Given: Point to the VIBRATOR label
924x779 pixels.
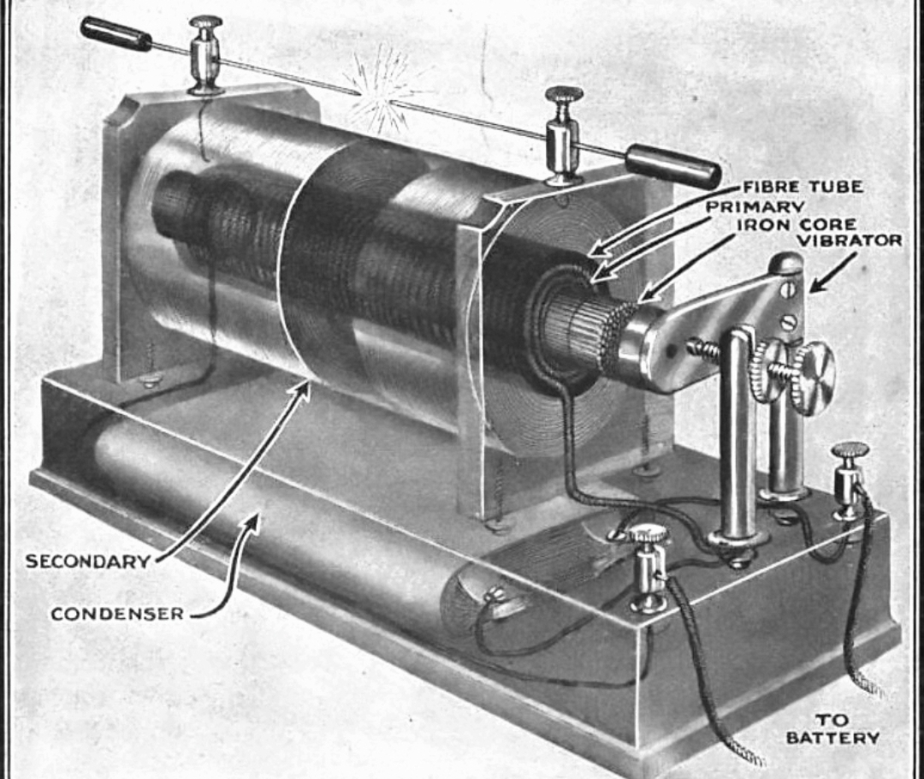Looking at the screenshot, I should [850, 241].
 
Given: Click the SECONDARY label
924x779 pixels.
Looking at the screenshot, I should [87, 562].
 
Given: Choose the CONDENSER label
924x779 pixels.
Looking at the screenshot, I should [117, 614].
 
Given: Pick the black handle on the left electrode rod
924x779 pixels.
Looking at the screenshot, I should [115, 33].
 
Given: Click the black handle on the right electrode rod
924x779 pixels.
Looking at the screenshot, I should [672, 167].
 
